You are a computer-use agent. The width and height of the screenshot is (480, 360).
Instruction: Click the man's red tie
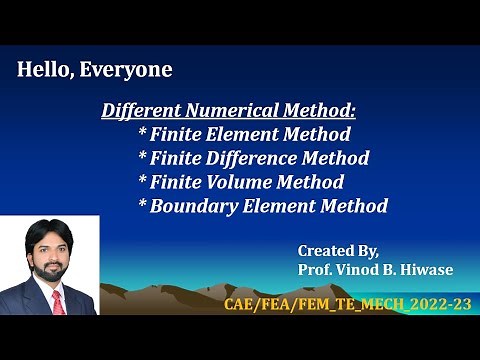click(57, 302)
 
